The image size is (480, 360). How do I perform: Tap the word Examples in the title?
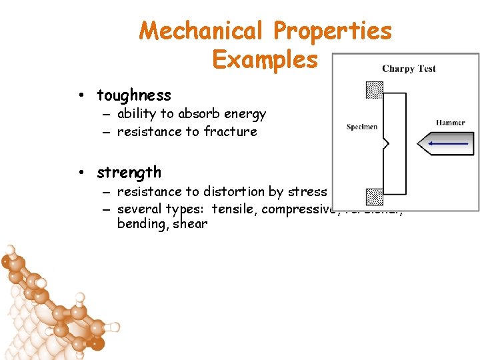click(x=265, y=59)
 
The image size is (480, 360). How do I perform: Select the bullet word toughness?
click(x=133, y=95)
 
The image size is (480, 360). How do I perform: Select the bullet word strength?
click(x=129, y=173)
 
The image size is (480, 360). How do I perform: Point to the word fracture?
click(x=230, y=132)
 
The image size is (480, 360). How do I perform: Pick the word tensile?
click(x=235, y=209)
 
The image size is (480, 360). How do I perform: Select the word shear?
click(x=190, y=224)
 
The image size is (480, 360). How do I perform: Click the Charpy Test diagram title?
click(x=409, y=69)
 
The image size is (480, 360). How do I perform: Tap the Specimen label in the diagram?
click(x=362, y=127)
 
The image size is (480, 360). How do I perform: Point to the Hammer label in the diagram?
click(x=451, y=123)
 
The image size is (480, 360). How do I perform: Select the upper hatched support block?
click(x=375, y=89)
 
